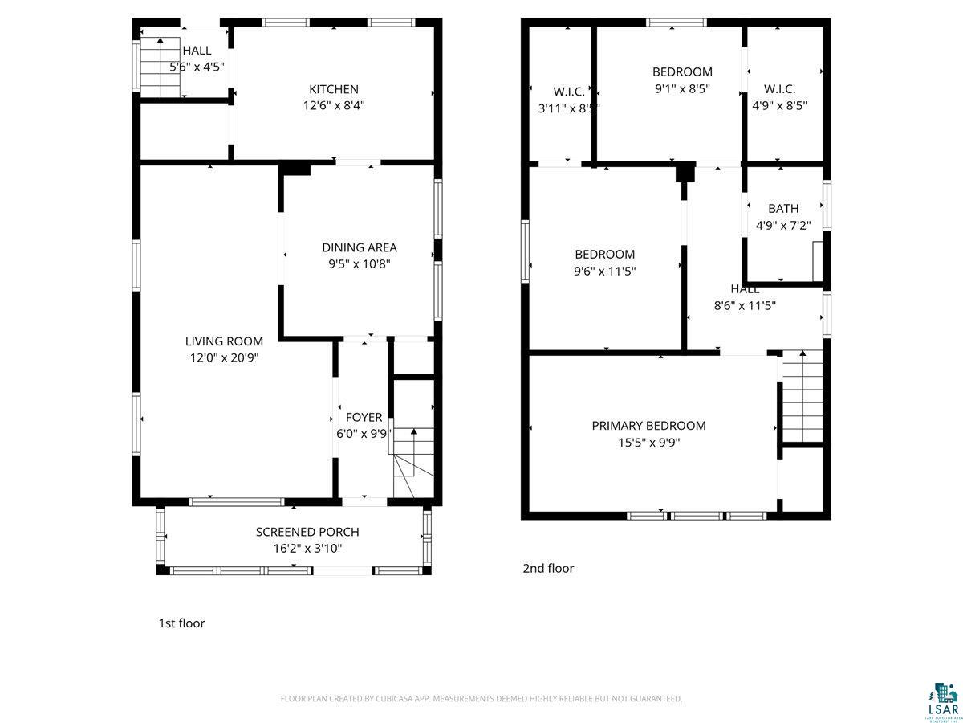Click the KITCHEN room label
pos(334,89)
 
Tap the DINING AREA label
pos(360,247)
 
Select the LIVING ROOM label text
pos(224,341)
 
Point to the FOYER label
pos(364,418)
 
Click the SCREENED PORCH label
pos(307,532)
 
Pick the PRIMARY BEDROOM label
pos(648,426)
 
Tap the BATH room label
pos(783,209)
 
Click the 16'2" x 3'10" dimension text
pos(307,549)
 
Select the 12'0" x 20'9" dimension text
pos(224,358)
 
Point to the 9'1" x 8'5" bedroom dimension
pos(682,89)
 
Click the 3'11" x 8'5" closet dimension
pos(569,107)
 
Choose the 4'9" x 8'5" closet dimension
pos(779,105)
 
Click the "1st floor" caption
pos(181,623)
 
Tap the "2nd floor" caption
pos(548,569)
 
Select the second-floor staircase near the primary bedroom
pos(802,398)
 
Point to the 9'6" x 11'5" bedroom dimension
pos(604,272)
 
